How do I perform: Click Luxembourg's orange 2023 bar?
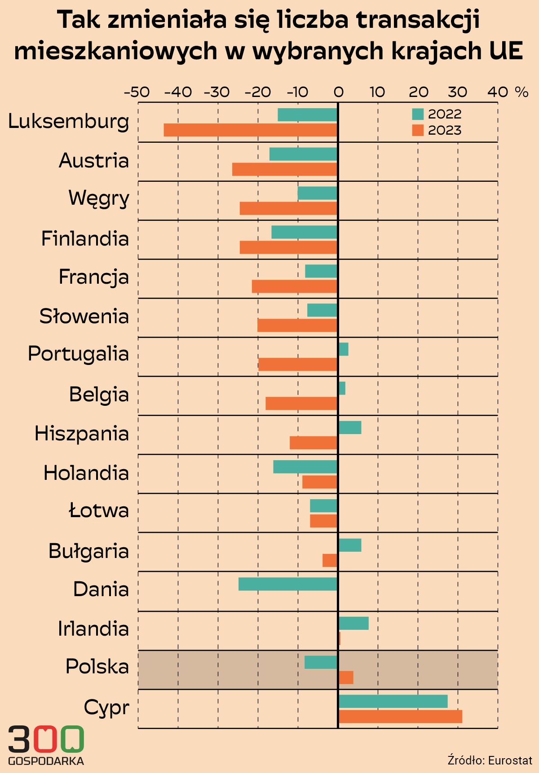250,130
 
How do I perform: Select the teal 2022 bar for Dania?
288,584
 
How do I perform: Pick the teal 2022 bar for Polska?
321,662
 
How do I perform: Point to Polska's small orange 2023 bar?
346,677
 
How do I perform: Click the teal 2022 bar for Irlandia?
353,623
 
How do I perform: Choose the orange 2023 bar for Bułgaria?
330,560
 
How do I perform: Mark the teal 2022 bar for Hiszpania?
350,427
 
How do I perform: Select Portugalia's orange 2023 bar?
298,365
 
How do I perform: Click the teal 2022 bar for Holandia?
305,467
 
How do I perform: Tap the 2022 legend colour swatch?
418,114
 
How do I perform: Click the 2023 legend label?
445,131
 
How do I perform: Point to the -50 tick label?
137,92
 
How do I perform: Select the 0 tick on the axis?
338,92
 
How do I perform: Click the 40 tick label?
498,92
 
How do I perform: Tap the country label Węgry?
99,198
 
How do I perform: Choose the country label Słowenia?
84,316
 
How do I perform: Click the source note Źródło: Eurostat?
490,760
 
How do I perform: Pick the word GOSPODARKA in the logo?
46,761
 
